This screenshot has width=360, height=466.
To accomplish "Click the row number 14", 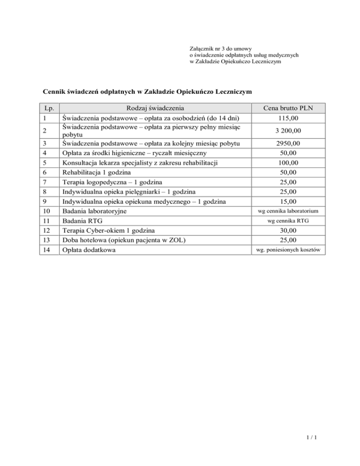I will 45,250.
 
